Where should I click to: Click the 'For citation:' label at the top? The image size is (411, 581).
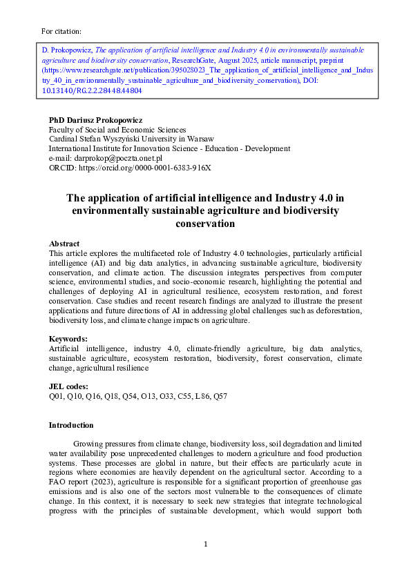(61, 31)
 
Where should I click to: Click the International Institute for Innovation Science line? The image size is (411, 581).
(169, 148)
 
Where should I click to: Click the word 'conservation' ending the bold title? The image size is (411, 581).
(205, 224)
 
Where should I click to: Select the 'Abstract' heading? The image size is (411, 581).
(64, 244)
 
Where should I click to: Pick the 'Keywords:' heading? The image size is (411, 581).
(68, 339)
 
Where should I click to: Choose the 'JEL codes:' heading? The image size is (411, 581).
(68, 387)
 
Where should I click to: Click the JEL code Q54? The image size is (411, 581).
(130, 397)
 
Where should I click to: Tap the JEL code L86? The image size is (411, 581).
(198, 397)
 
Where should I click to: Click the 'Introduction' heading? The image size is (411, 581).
(71, 425)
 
